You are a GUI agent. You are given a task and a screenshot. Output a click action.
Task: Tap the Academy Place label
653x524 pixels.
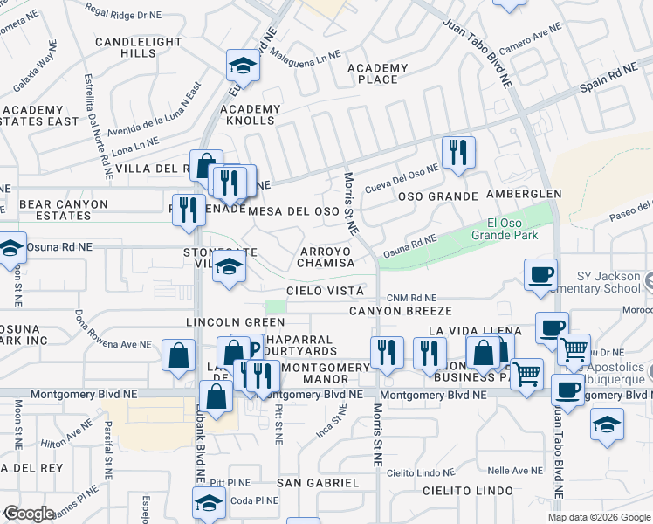(x=377, y=74)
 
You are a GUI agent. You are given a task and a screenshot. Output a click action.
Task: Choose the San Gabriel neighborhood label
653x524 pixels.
(x=318, y=483)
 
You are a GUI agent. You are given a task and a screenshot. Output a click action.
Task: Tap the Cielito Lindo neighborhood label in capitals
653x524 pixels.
(x=467, y=491)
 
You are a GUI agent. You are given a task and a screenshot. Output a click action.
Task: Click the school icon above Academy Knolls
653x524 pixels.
(x=242, y=65)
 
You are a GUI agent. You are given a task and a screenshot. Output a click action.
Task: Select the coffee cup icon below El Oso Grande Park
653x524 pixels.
(x=540, y=274)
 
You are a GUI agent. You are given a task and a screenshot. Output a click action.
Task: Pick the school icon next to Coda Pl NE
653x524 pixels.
(x=209, y=502)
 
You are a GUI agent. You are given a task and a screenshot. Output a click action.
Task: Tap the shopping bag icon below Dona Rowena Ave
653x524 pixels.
(x=178, y=355)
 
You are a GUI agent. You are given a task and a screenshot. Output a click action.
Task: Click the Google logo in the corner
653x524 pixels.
(x=30, y=513)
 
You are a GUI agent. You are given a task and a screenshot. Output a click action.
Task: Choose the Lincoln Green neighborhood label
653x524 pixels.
(x=223, y=322)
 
